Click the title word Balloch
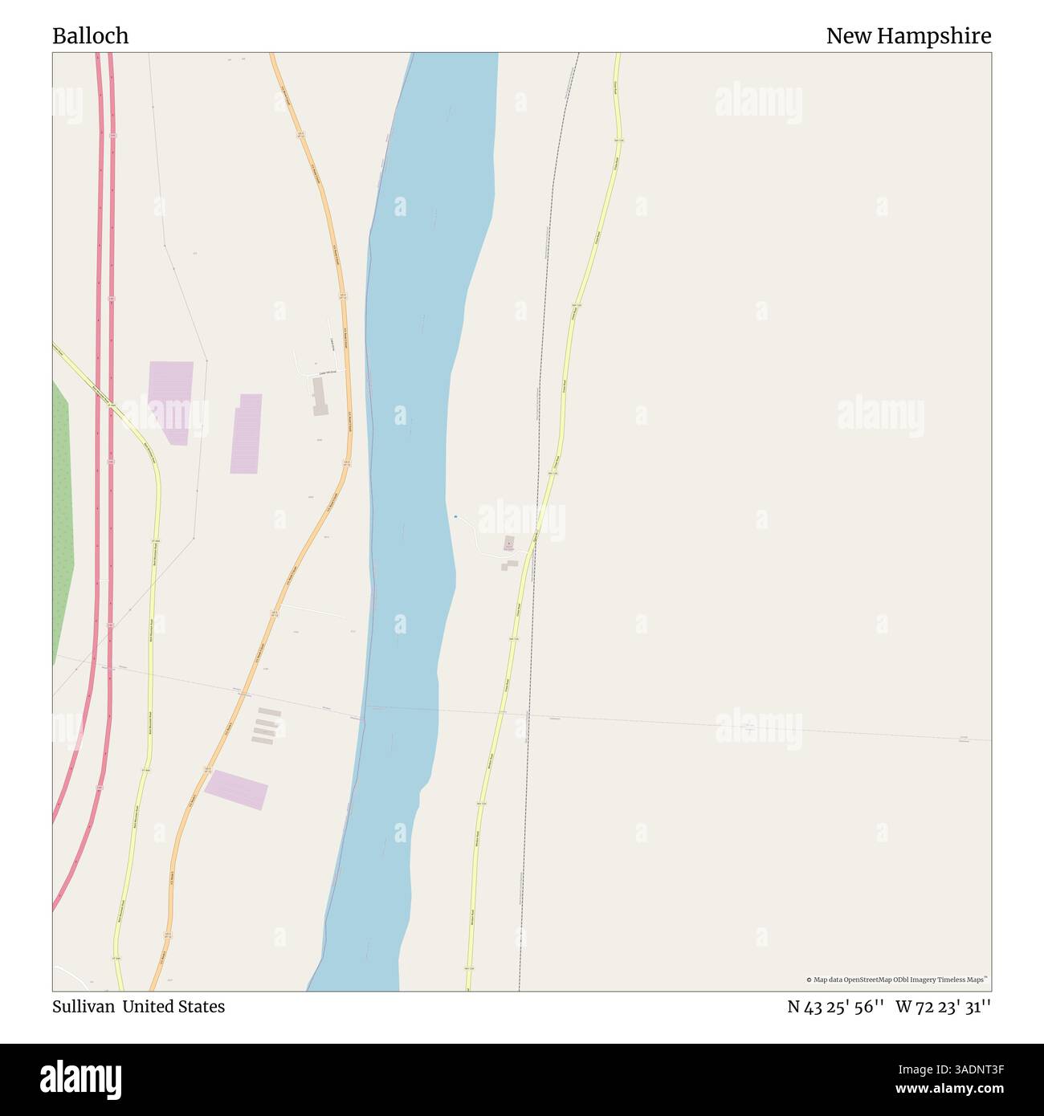click(90, 36)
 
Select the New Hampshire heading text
click(908, 36)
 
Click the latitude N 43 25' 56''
click(835, 1007)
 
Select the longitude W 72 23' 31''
click(944, 1007)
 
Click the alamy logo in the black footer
click(81, 1079)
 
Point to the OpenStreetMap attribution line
click(897, 980)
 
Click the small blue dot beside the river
click(455, 516)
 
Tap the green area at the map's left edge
click(62, 522)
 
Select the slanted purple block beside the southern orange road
click(236, 790)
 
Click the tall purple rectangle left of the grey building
click(246, 434)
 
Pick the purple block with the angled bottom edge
click(171, 401)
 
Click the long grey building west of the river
click(320, 397)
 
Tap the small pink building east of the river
click(508, 544)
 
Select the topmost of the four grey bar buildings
click(269, 712)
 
